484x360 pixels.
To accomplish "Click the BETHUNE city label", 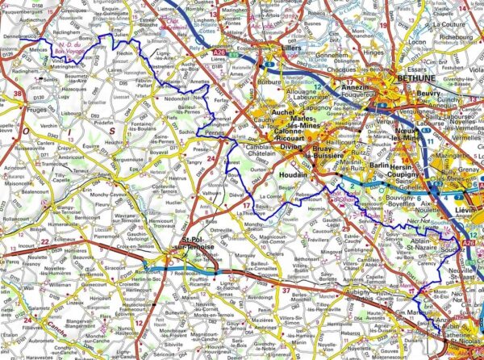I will coord(418,80).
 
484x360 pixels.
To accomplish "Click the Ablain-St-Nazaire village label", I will coord(423,240).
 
